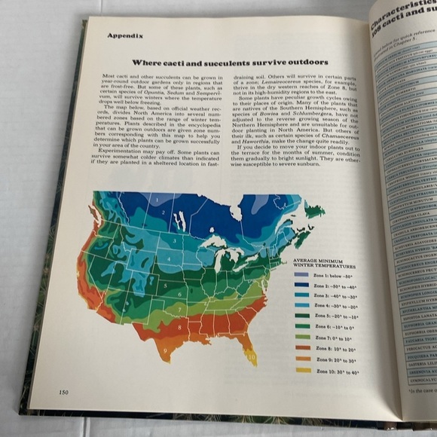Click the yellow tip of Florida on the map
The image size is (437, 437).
point(252,361)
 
